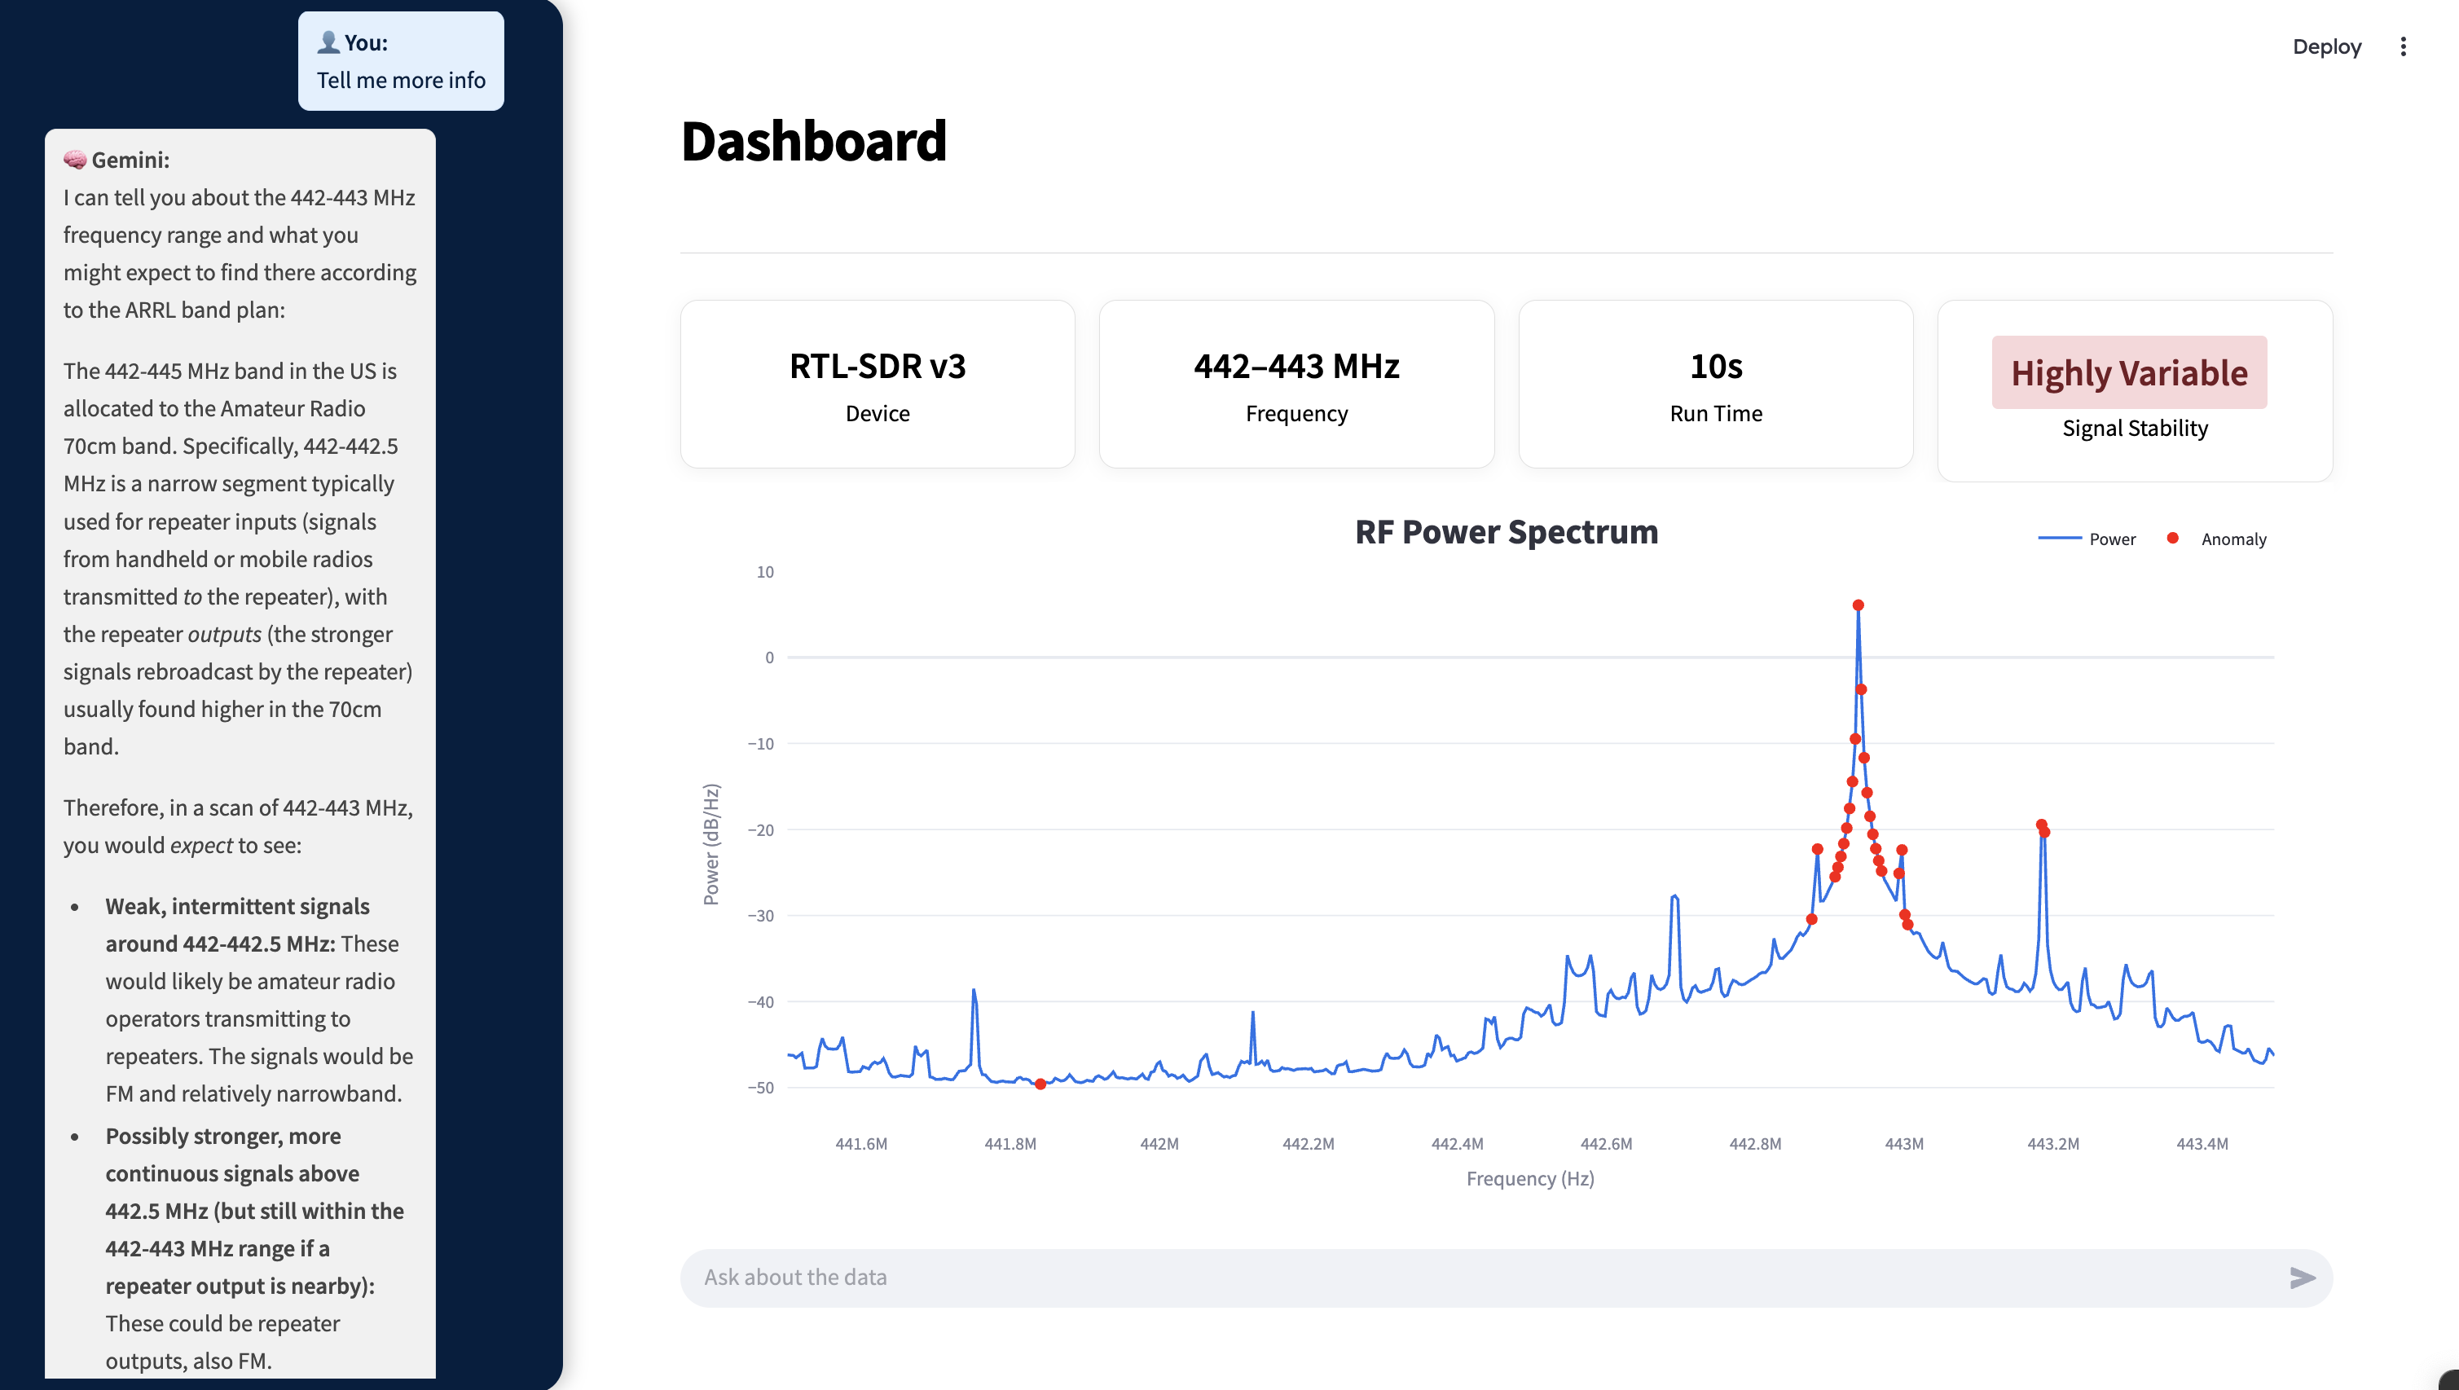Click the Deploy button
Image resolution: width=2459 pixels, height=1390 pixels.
point(2326,46)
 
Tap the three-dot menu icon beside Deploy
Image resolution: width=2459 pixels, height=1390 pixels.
point(2403,46)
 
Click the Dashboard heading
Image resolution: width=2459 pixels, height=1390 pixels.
point(813,141)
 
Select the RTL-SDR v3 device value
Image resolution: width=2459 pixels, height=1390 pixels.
point(878,367)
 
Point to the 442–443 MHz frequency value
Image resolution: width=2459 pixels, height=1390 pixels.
point(1296,367)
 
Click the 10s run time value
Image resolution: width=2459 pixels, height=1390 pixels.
point(1715,367)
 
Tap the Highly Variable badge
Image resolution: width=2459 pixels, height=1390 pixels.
point(2129,372)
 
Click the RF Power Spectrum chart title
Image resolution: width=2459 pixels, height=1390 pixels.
point(1507,532)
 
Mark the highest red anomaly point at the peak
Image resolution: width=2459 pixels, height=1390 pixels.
point(1858,605)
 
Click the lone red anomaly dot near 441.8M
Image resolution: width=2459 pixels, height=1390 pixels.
point(1040,1084)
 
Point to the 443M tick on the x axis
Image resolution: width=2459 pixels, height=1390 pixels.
point(1903,1144)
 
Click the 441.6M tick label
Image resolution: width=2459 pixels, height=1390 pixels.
point(861,1144)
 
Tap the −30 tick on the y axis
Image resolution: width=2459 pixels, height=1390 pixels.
point(761,916)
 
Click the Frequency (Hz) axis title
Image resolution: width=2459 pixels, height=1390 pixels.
point(1530,1179)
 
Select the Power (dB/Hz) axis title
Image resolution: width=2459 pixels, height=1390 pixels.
point(711,845)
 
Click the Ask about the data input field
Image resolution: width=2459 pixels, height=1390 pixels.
point(1480,1278)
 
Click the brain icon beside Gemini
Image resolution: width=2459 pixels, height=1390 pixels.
point(74,160)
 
